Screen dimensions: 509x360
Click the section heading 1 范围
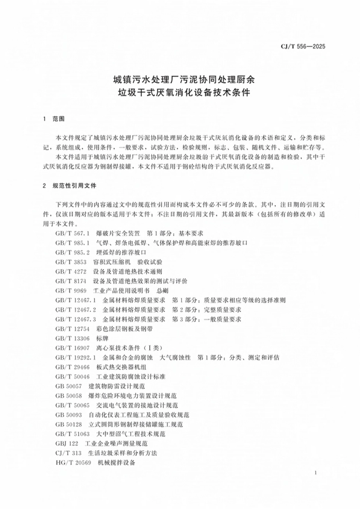[54, 119]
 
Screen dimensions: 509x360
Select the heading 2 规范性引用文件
[70, 186]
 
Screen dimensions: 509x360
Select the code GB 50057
[68, 386]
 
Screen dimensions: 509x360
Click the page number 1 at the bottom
[316, 473]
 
